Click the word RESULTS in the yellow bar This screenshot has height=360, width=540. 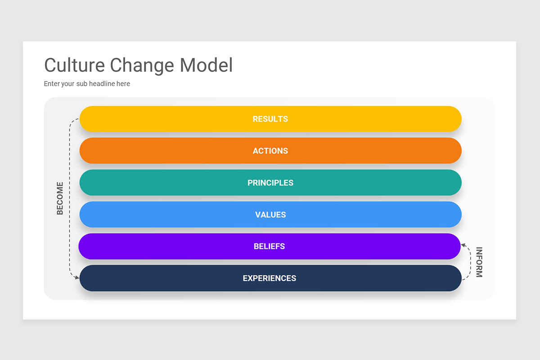pos(270,119)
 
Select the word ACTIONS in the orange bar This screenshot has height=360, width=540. pos(270,151)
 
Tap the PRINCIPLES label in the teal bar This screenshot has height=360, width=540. pos(270,183)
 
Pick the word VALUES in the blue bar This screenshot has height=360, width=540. pos(270,215)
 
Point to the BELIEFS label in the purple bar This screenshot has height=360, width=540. pos(269,247)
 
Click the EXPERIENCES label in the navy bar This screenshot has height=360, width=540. pos(269,279)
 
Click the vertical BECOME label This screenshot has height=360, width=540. pos(60,198)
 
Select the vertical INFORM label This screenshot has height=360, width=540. pos(479,262)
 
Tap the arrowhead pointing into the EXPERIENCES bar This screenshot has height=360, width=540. pos(77,278)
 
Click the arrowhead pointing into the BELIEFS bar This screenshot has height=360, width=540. pos(463,246)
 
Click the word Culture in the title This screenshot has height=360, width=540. pos(74,65)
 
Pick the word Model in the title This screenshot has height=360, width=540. pos(207,65)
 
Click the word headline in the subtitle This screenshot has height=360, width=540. pos(102,84)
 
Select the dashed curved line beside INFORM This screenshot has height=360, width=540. pos(471,263)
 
